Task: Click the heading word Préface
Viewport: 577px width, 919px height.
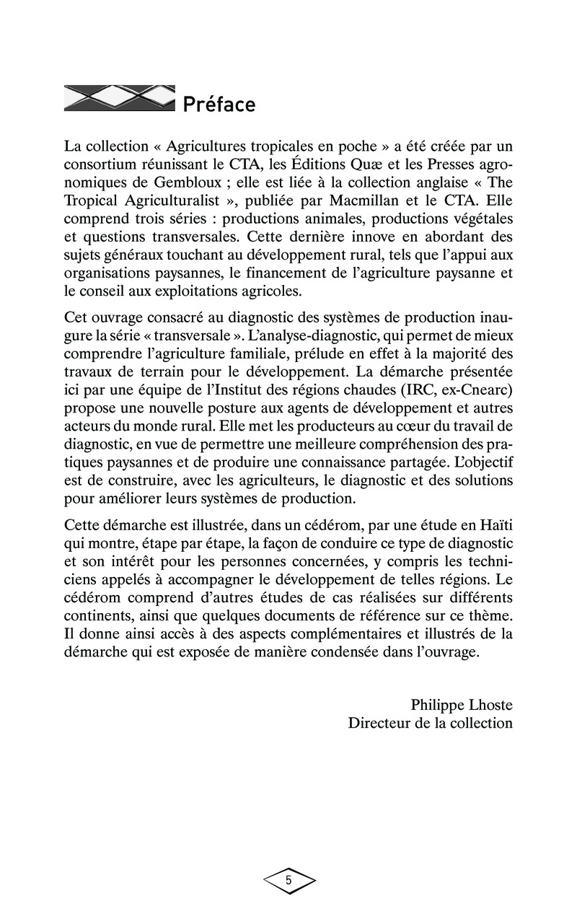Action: (x=219, y=105)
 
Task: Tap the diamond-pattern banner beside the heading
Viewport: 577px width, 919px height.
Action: (x=120, y=99)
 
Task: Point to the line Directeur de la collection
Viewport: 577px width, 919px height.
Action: (x=431, y=722)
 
